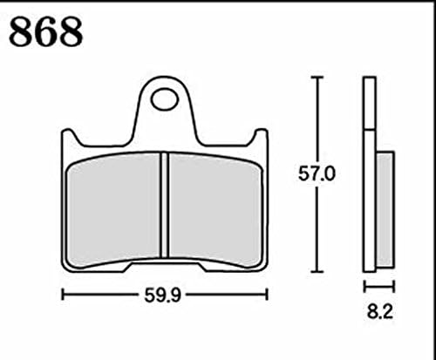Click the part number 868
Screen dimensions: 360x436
[x=45, y=31]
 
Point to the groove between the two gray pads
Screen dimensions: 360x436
[x=163, y=205]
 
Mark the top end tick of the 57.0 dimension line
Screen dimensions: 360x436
[x=317, y=78]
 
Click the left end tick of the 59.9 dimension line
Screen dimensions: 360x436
[x=62, y=296]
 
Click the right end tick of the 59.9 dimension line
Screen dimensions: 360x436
[x=265, y=296]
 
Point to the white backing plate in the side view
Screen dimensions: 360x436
[x=369, y=174]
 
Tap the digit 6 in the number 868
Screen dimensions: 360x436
[x=45, y=31]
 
